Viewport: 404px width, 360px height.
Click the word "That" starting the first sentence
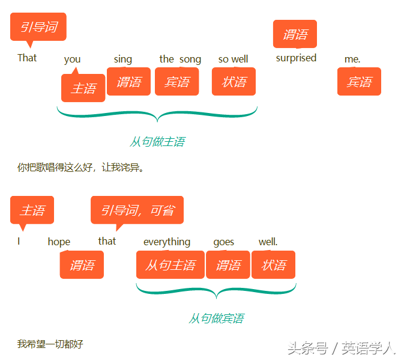click(27, 58)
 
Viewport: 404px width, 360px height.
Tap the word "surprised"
click(296, 58)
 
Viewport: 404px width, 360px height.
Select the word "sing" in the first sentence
click(122, 59)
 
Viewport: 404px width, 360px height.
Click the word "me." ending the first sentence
click(352, 59)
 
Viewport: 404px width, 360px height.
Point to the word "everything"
click(167, 242)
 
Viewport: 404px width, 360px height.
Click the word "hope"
click(59, 242)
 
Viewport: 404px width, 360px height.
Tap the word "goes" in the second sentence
click(224, 242)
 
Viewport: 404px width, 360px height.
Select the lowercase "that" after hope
click(107, 241)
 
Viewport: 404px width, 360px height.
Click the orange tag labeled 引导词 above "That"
click(38, 27)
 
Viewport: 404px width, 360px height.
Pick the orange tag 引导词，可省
click(137, 210)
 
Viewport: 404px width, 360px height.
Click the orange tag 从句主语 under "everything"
click(170, 265)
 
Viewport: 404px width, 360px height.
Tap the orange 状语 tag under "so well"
click(234, 82)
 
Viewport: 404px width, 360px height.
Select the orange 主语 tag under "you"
click(83, 88)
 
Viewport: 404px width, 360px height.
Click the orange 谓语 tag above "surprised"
click(295, 34)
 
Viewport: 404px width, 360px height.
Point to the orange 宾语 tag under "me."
click(359, 82)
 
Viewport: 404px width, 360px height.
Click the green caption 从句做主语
click(157, 142)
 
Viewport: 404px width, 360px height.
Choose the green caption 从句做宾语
click(216, 318)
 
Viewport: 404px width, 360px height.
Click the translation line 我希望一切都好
click(50, 344)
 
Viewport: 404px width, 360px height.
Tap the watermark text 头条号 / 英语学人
click(341, 348)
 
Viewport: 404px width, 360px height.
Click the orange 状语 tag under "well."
click(273, 265)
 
